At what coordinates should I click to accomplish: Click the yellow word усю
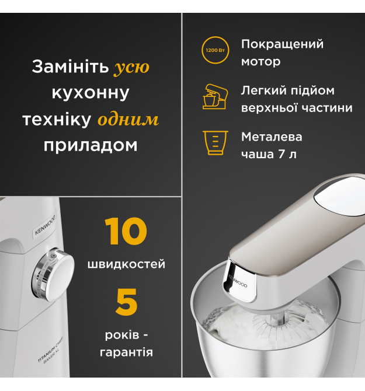coord(132,67)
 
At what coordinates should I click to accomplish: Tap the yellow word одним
coord(128,120)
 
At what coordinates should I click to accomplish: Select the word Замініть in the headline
coord(70,67)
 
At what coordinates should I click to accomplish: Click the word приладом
coord(91,145)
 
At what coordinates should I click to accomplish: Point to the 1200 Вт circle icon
coord(215,50)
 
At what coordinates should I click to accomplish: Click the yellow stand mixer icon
coord(215,96)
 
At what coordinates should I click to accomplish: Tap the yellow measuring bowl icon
coord(215,142)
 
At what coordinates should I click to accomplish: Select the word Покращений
coord(282,45)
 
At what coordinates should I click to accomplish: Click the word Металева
coord(272,137)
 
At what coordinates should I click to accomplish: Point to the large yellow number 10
coord(126,231)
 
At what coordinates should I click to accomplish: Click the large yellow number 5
coord(126,302)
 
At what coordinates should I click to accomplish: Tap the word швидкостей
coord(126,264)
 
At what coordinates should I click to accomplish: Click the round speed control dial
coord(53,274)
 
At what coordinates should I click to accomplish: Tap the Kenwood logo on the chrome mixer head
coord(237,281)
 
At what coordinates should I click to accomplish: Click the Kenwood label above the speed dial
coord(45,225)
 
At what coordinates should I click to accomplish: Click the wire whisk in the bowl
coord(279,326)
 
